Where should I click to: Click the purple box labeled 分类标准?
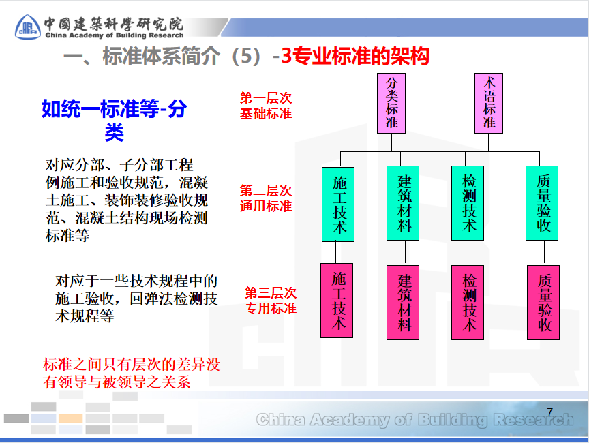point(391,103)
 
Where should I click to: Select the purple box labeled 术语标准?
point(489,103)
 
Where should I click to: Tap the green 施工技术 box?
point(339,203)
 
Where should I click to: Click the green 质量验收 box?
point(543,203)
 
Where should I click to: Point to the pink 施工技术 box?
point(339,301)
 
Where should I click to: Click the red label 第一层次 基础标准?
point(265,106)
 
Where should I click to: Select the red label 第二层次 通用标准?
point(265,198)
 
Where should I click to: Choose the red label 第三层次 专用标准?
point(271,301)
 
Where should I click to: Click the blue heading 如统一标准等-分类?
point(114,119)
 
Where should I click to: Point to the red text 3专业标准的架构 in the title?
point(355,57)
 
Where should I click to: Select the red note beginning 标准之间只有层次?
point(132,373)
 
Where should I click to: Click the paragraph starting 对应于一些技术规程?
point(136,299)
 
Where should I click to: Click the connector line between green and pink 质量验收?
point(543,252)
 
